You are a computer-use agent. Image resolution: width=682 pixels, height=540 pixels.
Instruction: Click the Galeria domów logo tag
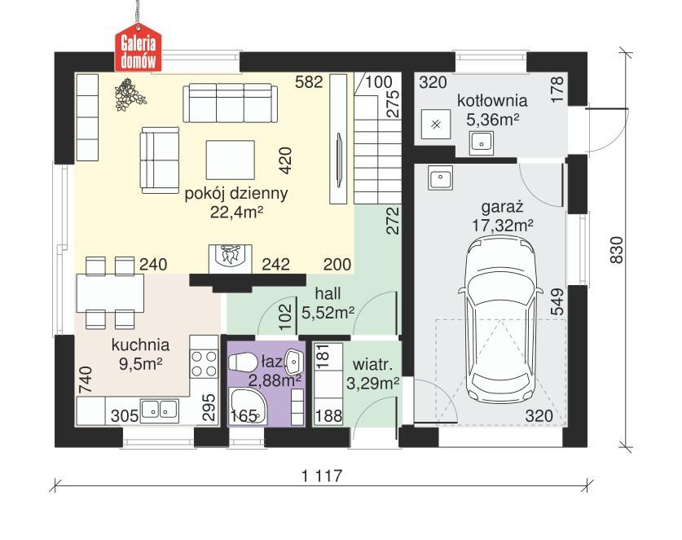tap(138, 51)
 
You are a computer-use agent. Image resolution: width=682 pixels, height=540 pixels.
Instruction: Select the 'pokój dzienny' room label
tap(237, 194)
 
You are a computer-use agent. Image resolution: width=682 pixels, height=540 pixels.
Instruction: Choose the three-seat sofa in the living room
tap(230, 103)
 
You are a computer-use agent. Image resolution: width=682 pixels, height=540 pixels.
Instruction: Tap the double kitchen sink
tap(159, 410)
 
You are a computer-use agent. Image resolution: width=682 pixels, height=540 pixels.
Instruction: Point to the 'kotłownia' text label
tap(492, 102)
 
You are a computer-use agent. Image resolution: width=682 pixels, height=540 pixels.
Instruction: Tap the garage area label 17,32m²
tap(502, 224)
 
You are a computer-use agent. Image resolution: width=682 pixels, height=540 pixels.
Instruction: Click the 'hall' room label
tap(328, 294)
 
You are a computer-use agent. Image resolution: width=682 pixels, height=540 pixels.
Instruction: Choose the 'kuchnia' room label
tap(141, 345)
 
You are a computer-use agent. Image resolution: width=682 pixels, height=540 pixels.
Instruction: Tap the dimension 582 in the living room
tap(311, 82)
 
